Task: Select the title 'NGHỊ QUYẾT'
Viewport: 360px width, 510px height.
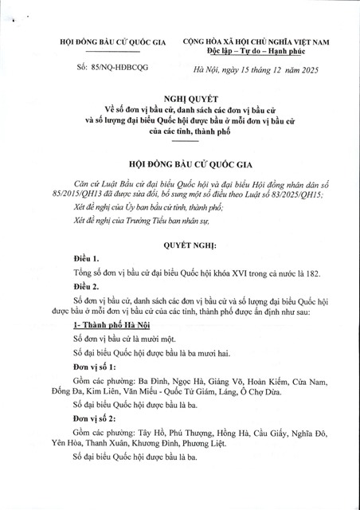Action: (x=179, y=94)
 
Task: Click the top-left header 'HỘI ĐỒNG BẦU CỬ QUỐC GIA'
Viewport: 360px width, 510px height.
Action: (x=102, y=39)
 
